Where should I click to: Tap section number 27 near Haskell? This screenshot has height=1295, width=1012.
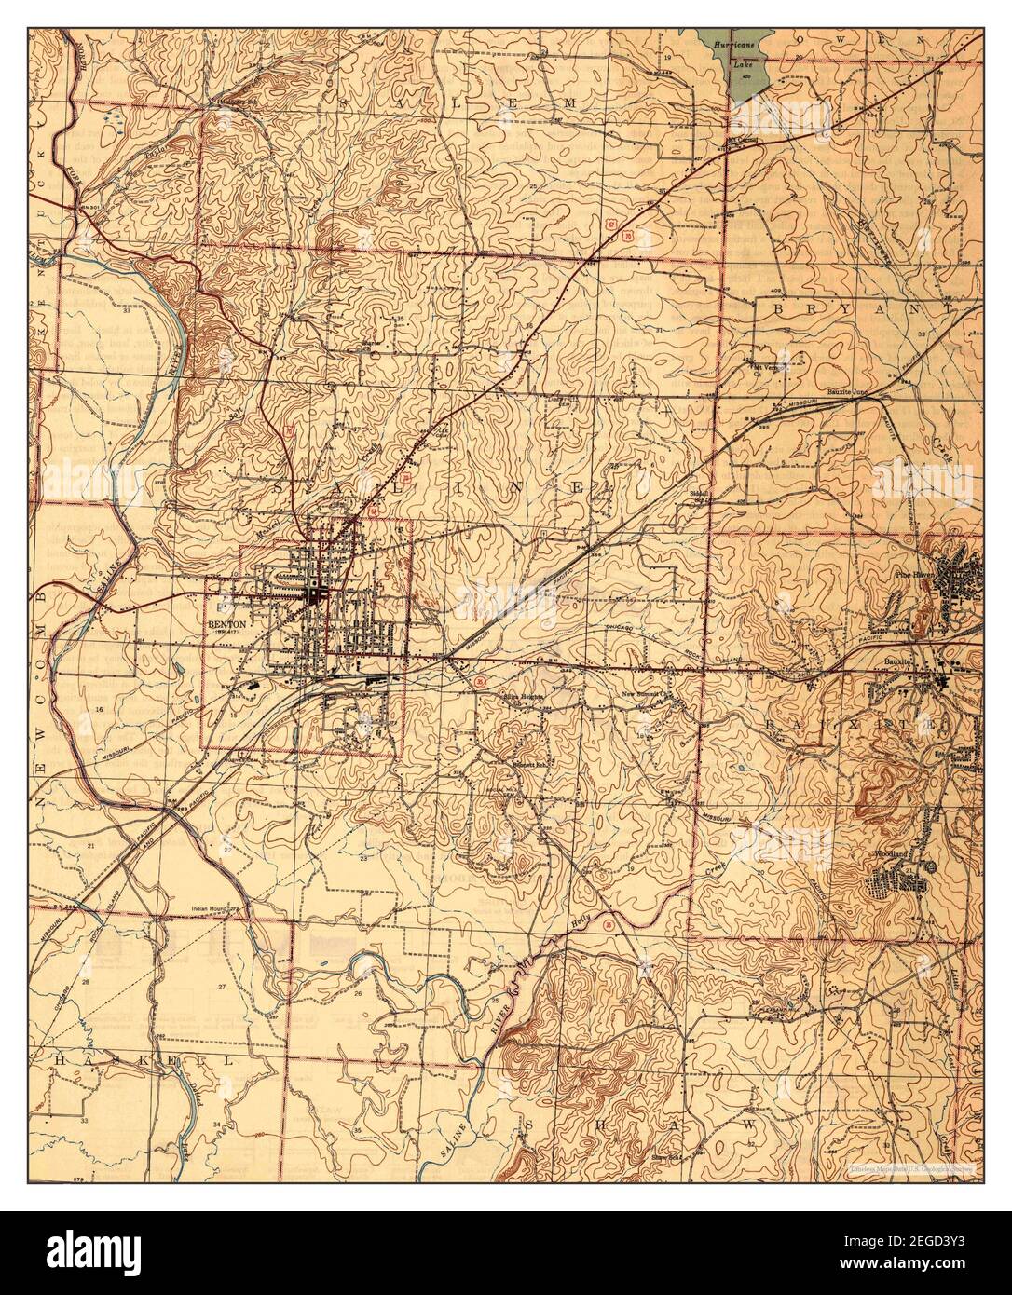click(222, 986)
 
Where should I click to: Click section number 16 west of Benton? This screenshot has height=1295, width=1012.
click(97, 709)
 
